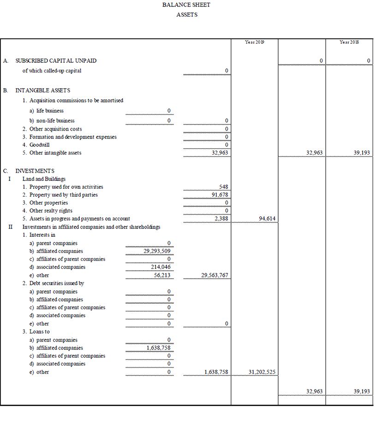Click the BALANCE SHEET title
186,5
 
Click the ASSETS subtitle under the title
186,15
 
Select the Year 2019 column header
255,42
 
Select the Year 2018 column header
349,42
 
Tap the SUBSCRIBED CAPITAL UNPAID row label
56,60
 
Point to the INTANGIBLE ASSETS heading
43,90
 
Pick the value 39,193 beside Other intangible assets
362,153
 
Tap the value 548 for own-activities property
224,187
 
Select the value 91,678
220,195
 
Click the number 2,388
221,219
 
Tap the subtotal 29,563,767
215,275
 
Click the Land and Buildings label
44,179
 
